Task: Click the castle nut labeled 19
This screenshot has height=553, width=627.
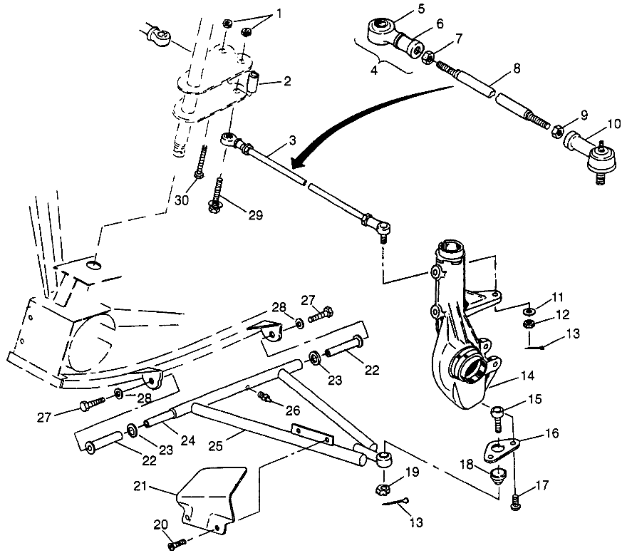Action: [x=382, y=490]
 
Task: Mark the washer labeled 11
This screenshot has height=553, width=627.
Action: [x=528, y=311]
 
